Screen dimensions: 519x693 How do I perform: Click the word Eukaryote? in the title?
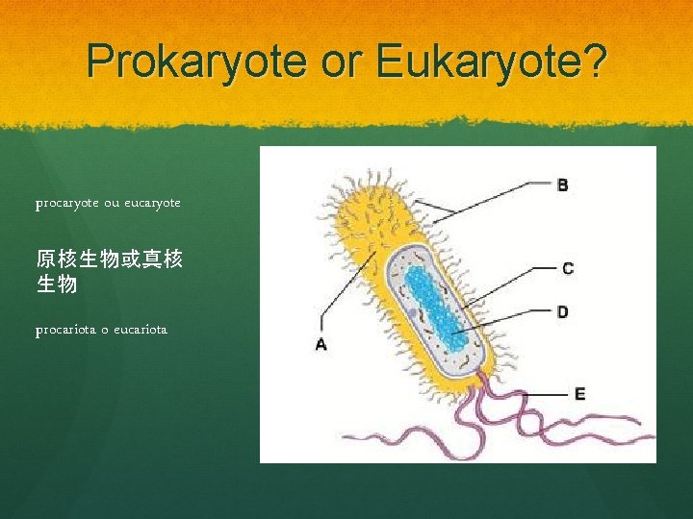(x=492, y=62)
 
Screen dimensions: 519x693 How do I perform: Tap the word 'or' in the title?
(x=345, y=62)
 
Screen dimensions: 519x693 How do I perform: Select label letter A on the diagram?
(x=321, y=343)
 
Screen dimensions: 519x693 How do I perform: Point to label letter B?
(x=562, y=185)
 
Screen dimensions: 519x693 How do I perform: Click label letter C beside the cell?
(x=568, y=268)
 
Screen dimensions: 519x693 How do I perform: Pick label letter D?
(x=562, y=311)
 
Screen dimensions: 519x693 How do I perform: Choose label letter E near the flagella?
(x=579, y=393)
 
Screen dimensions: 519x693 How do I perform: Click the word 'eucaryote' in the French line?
(x=149, y=204)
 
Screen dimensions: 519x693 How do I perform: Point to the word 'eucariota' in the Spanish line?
(x=140, y=330)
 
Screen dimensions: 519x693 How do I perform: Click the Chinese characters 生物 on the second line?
(x=56, y=284)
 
